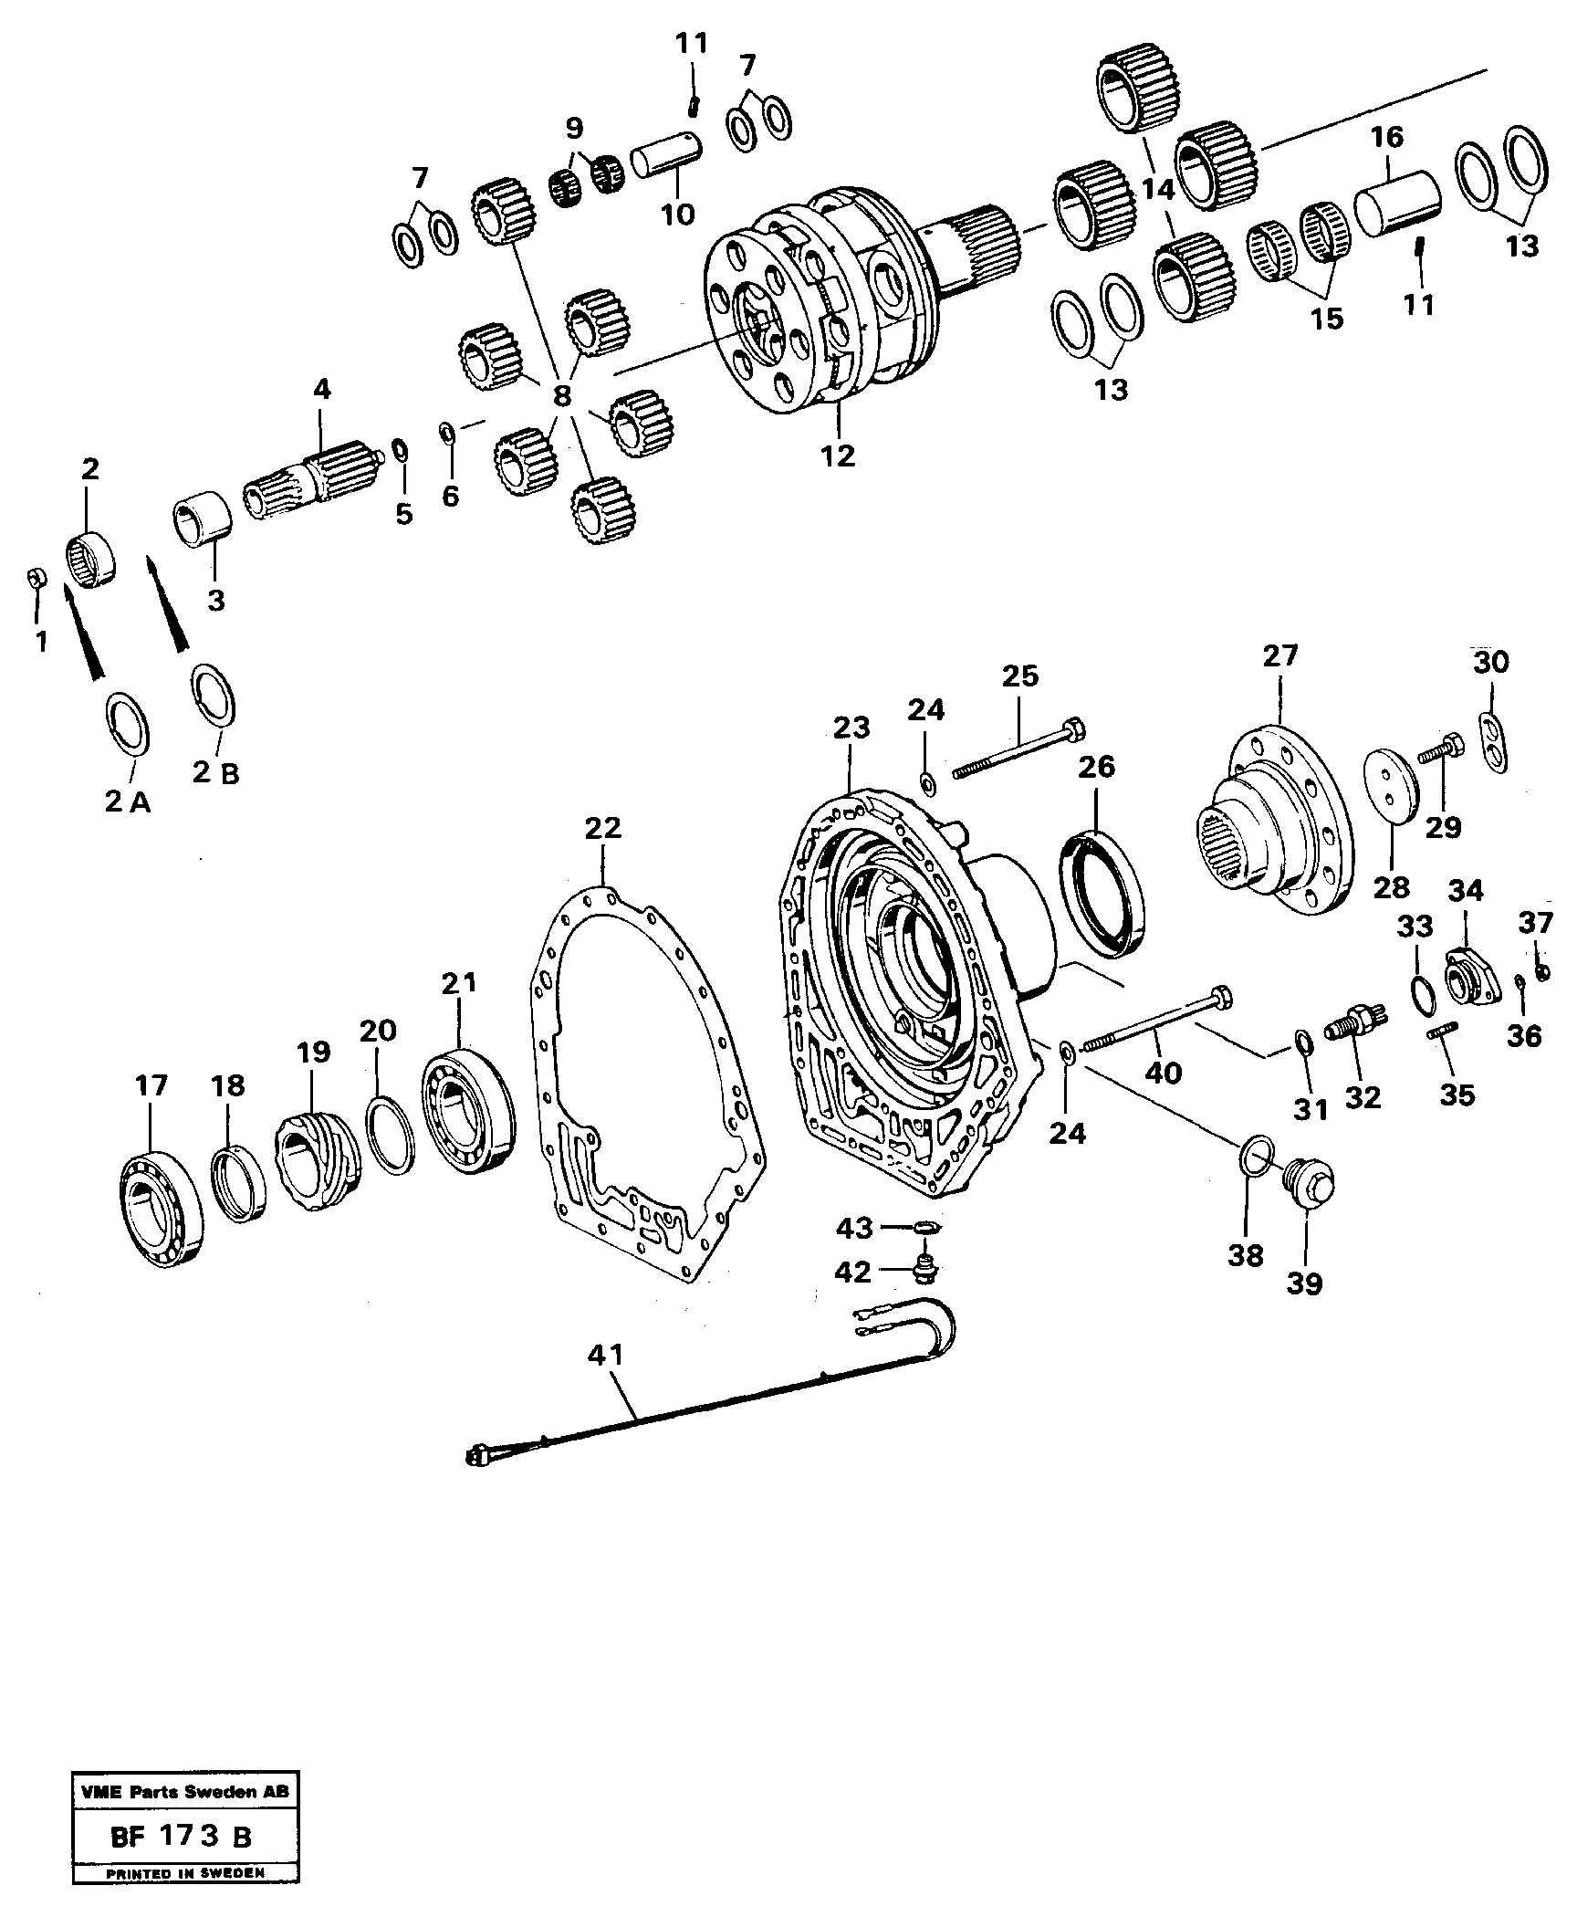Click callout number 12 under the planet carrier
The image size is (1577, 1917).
838,455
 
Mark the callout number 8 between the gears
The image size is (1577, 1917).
561,395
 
